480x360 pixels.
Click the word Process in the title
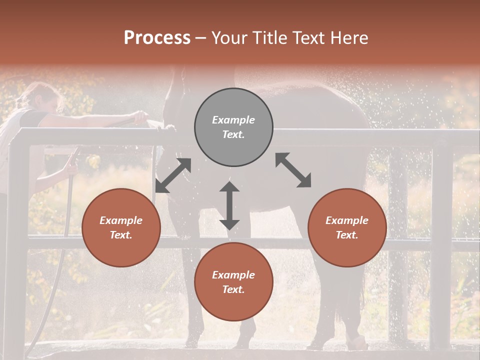157,38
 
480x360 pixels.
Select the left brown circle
121,227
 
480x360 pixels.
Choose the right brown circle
347,227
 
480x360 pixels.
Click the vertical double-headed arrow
229,205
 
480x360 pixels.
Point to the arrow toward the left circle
173,175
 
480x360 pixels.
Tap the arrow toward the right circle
293,170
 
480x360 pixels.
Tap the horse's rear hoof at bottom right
356,342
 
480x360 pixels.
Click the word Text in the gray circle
233,134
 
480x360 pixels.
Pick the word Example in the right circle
347,220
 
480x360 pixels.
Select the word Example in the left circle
121,220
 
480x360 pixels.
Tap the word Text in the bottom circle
233,289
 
